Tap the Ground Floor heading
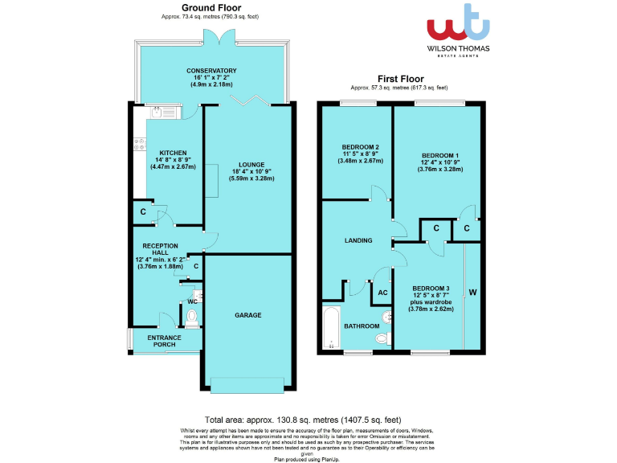[x=196, y=7]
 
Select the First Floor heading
[x=399, y=79]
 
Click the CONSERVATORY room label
[x=211, y=71]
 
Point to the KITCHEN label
[x=173, y=153]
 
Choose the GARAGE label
[x=247, y=315]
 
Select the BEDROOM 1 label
[x=439, y=155]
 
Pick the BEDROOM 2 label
[x=360, y=147]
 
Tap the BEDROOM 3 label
[x=431, y=288]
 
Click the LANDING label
[x=358, y=240]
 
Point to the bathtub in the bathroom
[x=330, y=327]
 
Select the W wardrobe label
[x=472, y=291]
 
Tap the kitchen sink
[x=158, y=112]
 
